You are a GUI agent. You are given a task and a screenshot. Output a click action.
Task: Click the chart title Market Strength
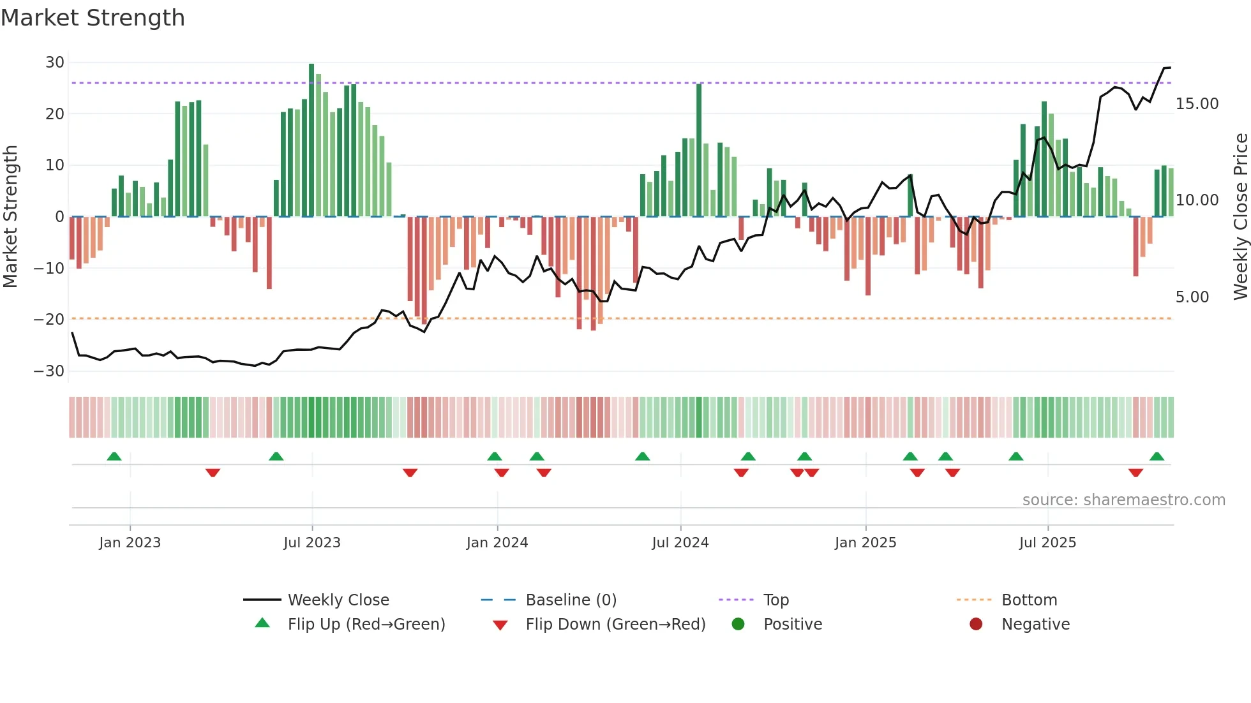pyautogui.click(x=93, y=18)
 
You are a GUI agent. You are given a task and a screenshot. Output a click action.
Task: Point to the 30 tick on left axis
pyautogui.click(x=55, y=63)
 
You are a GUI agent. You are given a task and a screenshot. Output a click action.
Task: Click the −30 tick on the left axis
pyautogui.click(x=49, y=371)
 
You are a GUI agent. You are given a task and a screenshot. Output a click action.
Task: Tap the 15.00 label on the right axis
pyautogui.click(x=1197, y=104)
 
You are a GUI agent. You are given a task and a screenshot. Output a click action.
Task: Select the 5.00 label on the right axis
pyautogui.click(x=1192, y=297)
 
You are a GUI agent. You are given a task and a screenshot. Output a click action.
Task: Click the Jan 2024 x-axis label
pyautogui.click(x=497, y=543)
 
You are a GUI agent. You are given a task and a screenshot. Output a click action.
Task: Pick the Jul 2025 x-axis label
pyautogui.click(x=1047, y=543)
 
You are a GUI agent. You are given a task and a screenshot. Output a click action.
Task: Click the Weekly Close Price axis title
pyautogui.click(x=1240, y=217)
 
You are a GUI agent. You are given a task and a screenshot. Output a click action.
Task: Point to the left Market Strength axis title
pyautogui.click(x=11, y=217)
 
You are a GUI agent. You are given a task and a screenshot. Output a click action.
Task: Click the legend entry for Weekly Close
pyautogui.click(x=338, y=600)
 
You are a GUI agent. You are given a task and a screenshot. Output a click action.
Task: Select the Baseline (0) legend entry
pyautogui.click(x=571, y=600)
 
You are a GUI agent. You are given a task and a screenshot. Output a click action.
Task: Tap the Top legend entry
pyautogui.click(x=775, y=600)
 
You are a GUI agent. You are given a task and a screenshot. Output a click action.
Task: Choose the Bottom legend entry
pyautogui.click(x=1029, y=600)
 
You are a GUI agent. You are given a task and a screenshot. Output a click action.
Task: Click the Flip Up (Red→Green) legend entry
pyautogui.click(x=366, y=625)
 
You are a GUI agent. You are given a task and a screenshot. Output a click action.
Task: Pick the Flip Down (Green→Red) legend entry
pyautogui.click(x=615, y=625)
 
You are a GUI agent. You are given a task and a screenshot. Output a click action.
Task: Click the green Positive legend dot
pyautogui.click(x=738, y=625)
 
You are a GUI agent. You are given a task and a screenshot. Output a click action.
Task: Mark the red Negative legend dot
pyautogui.click(x=976, y=625)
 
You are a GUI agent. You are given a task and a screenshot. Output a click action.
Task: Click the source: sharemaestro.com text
pyautogui.click(x=1123, y=500)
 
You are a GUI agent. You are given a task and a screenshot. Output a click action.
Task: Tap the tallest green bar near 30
pyautogui.click(x=311, y=140)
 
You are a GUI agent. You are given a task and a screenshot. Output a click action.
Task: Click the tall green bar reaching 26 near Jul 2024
pyautogui.click(x=699, y=150)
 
